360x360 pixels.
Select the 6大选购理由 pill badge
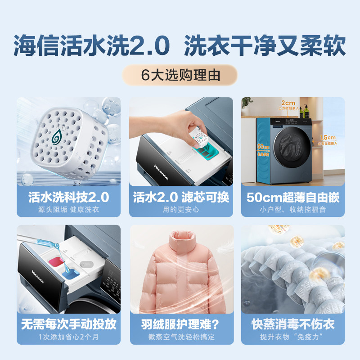click(180, 76)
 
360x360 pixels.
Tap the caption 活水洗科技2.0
click(68, 197)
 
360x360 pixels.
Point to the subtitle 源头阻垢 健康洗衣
click(68, 209)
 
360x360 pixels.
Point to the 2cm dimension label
click(288, 103)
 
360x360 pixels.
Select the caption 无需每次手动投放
click(68, 324)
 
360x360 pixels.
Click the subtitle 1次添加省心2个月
click(68, 337)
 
